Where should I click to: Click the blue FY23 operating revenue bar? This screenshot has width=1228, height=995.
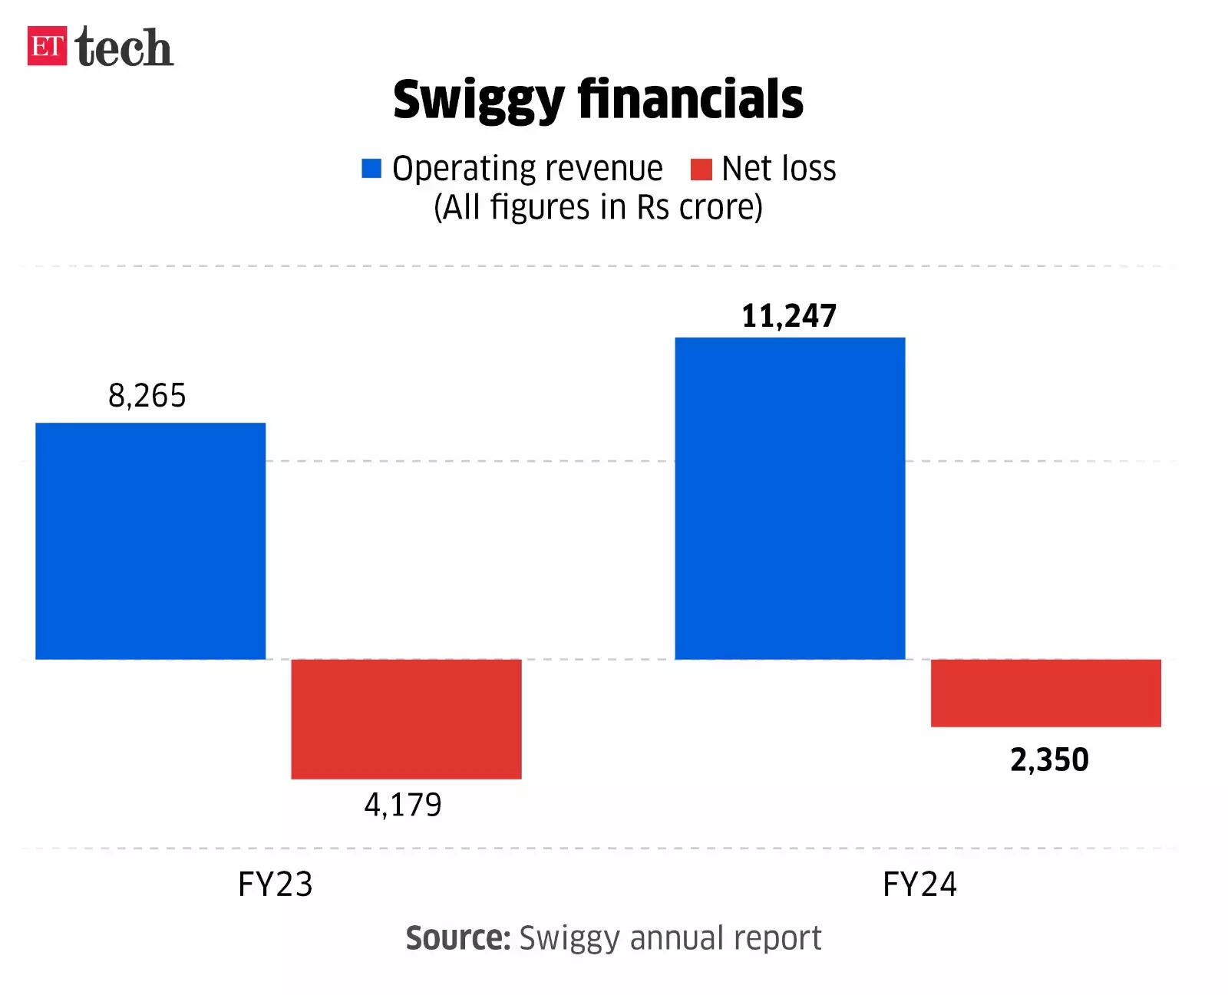point(150,541)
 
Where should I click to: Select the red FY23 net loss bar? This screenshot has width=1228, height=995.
point(406,719)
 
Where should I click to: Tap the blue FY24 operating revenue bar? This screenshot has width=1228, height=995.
point(790,498)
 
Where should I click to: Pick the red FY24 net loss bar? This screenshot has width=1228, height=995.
point(1045,693)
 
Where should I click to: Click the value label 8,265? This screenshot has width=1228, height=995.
point(147,396)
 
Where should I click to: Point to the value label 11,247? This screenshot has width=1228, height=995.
point(789,316)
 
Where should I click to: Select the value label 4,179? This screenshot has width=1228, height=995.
point(403,805)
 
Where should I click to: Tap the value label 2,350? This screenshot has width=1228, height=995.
point(1049,759)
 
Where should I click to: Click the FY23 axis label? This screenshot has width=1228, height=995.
point(276,885)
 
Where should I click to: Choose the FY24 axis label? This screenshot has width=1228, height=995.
point(919,885)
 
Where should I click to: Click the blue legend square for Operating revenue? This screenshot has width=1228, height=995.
point(371,169)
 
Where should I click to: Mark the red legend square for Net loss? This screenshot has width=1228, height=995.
point(701,169)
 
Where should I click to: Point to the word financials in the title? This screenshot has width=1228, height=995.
point(690,99)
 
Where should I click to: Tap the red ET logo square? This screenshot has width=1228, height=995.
point(48,46)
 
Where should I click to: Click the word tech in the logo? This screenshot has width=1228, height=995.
point(124,48)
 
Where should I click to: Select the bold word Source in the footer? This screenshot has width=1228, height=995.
point(458,937)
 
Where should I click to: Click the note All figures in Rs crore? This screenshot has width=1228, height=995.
point(598,207)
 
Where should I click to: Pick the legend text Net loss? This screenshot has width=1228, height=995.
point(778,169)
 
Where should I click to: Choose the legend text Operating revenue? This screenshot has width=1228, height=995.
point(527,169)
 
